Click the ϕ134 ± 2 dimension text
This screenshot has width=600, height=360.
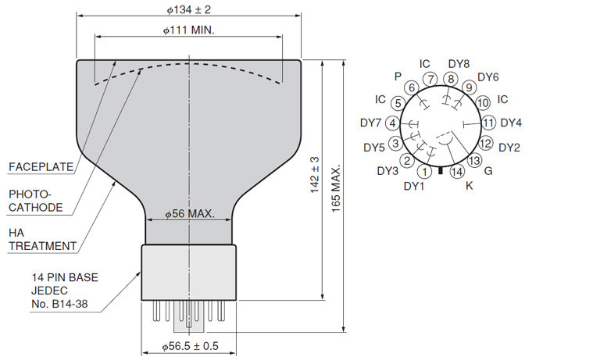[x=188, y=9]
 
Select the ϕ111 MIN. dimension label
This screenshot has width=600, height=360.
[x=188, y=30]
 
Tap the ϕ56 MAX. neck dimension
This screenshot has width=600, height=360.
[x=189, y=213]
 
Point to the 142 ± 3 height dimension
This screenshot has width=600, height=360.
[x=315, y=174]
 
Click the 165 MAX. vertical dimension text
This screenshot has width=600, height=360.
[x=336, y=189]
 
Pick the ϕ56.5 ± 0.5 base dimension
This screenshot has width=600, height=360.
[x=190, y=346]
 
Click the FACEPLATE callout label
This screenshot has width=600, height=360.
[x=41, y=167]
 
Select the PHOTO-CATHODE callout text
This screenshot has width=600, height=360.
[x=36, y=201]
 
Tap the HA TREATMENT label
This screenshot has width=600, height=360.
[x=42, y=239]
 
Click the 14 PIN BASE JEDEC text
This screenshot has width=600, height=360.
[x=65, y=284]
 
